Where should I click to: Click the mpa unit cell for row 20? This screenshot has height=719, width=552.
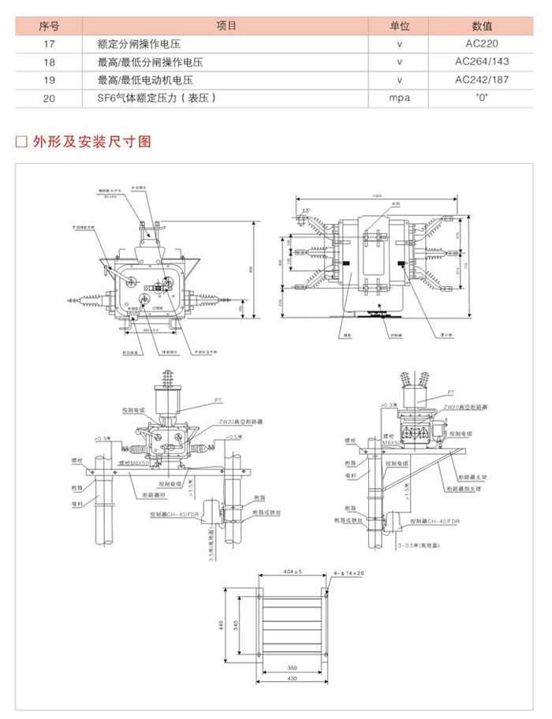tap(400, 98)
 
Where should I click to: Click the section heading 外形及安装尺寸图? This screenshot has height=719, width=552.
tap(91, 143)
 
